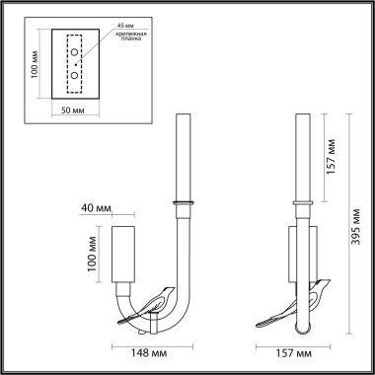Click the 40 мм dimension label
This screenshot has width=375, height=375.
point(94,208)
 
